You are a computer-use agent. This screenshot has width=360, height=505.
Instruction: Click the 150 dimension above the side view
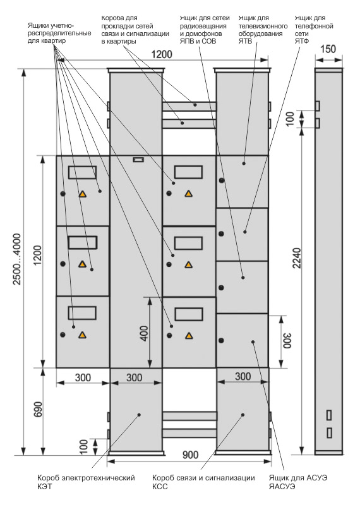pos(328,49)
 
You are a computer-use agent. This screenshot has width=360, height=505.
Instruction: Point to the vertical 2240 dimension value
pos(296,258)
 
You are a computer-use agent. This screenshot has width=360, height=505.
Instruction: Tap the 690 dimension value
pos(38,409)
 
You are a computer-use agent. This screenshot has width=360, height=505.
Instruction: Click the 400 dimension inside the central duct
pos(144,333)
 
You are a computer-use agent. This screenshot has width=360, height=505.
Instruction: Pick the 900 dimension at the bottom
pos(191,455)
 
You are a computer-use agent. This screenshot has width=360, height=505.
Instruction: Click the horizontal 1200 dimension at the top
pos(162,54)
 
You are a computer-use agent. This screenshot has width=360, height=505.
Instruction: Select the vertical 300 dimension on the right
pos(287,341)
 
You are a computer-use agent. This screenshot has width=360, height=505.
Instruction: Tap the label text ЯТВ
pos(245,41)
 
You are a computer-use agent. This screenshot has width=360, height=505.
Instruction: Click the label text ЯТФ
pos(302,41)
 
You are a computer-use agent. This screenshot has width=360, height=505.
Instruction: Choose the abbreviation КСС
pos(160,486)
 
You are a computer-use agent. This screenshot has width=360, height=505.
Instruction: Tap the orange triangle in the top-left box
pos(83,194)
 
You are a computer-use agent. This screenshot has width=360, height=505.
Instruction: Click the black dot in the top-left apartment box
pos(63,194)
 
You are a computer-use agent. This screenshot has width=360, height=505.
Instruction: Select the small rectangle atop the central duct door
pos(138,160)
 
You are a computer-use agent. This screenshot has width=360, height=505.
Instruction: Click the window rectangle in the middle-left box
pos(83,242)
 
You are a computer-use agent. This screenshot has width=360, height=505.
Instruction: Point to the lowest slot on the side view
pos(330,433)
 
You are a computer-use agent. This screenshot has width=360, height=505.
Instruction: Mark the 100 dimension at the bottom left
pos(83,447)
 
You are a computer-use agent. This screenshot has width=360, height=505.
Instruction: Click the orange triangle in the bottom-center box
pos(189,336)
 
